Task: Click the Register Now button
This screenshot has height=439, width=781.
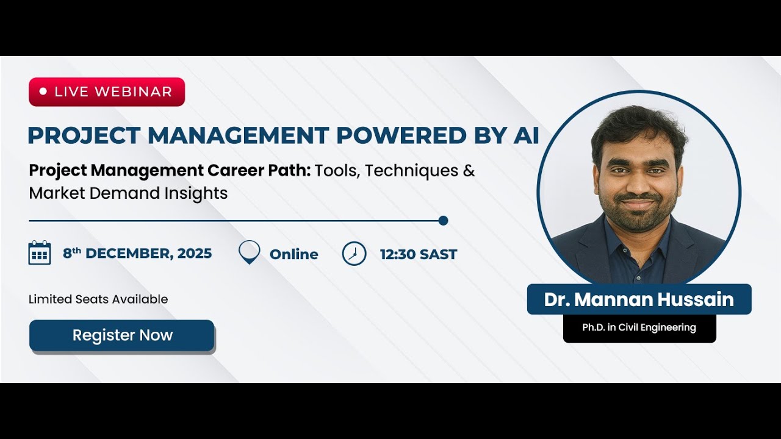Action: click(x=122, y=335)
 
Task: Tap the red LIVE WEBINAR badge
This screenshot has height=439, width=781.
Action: click(x=107, y=91)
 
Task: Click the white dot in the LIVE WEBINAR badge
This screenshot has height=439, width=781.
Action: click(x=43, y=91)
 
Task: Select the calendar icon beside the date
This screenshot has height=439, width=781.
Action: click(x=40, y=252)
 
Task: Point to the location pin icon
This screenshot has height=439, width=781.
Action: click(x=249, y=252)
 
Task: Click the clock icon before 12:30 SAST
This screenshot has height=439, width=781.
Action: click(x=354, y=254)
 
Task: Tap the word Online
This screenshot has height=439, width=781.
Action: click(x=293, y=254)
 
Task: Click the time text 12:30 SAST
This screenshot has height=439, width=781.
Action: click(x=418, y=254)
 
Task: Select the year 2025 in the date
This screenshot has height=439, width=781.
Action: click(x=195, y=254)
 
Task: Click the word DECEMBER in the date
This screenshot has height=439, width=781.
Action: click(x=129, y=254)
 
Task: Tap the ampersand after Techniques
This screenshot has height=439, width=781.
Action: click(x=469, y=171)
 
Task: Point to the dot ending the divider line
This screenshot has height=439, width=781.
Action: click(x=444, y=221)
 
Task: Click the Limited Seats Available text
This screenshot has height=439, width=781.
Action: click(x=98, y=299)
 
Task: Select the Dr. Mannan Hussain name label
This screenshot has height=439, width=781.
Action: click(x=639, y=299)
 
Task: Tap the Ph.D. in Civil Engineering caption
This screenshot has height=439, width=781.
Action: click(x=639, y=328)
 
